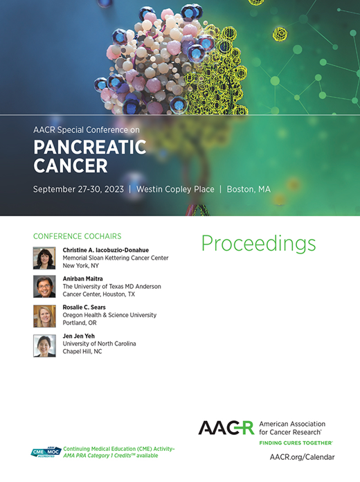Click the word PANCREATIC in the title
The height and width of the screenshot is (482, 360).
pos(90,148)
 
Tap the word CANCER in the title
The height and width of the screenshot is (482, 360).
pos(71,166)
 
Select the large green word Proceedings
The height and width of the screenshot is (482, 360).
pos(258,243)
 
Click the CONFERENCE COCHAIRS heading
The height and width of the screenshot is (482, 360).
pos(77,236)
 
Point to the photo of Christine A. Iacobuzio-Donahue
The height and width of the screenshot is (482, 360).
pos(44,258)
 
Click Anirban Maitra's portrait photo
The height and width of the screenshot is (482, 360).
pos(44,287)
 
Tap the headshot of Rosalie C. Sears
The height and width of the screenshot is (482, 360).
pos(44,316)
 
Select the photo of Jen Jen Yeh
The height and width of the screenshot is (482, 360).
pos(44,345)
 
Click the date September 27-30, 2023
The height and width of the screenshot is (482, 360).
pos(79,189)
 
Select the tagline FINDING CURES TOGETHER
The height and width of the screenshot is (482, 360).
pos(295,442)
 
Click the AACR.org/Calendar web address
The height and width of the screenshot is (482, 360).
pos(302,457)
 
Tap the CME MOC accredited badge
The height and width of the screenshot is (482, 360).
pos(46,452)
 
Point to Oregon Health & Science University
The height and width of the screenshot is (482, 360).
pos(109,315)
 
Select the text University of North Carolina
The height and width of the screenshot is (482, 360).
pos(99,344)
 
